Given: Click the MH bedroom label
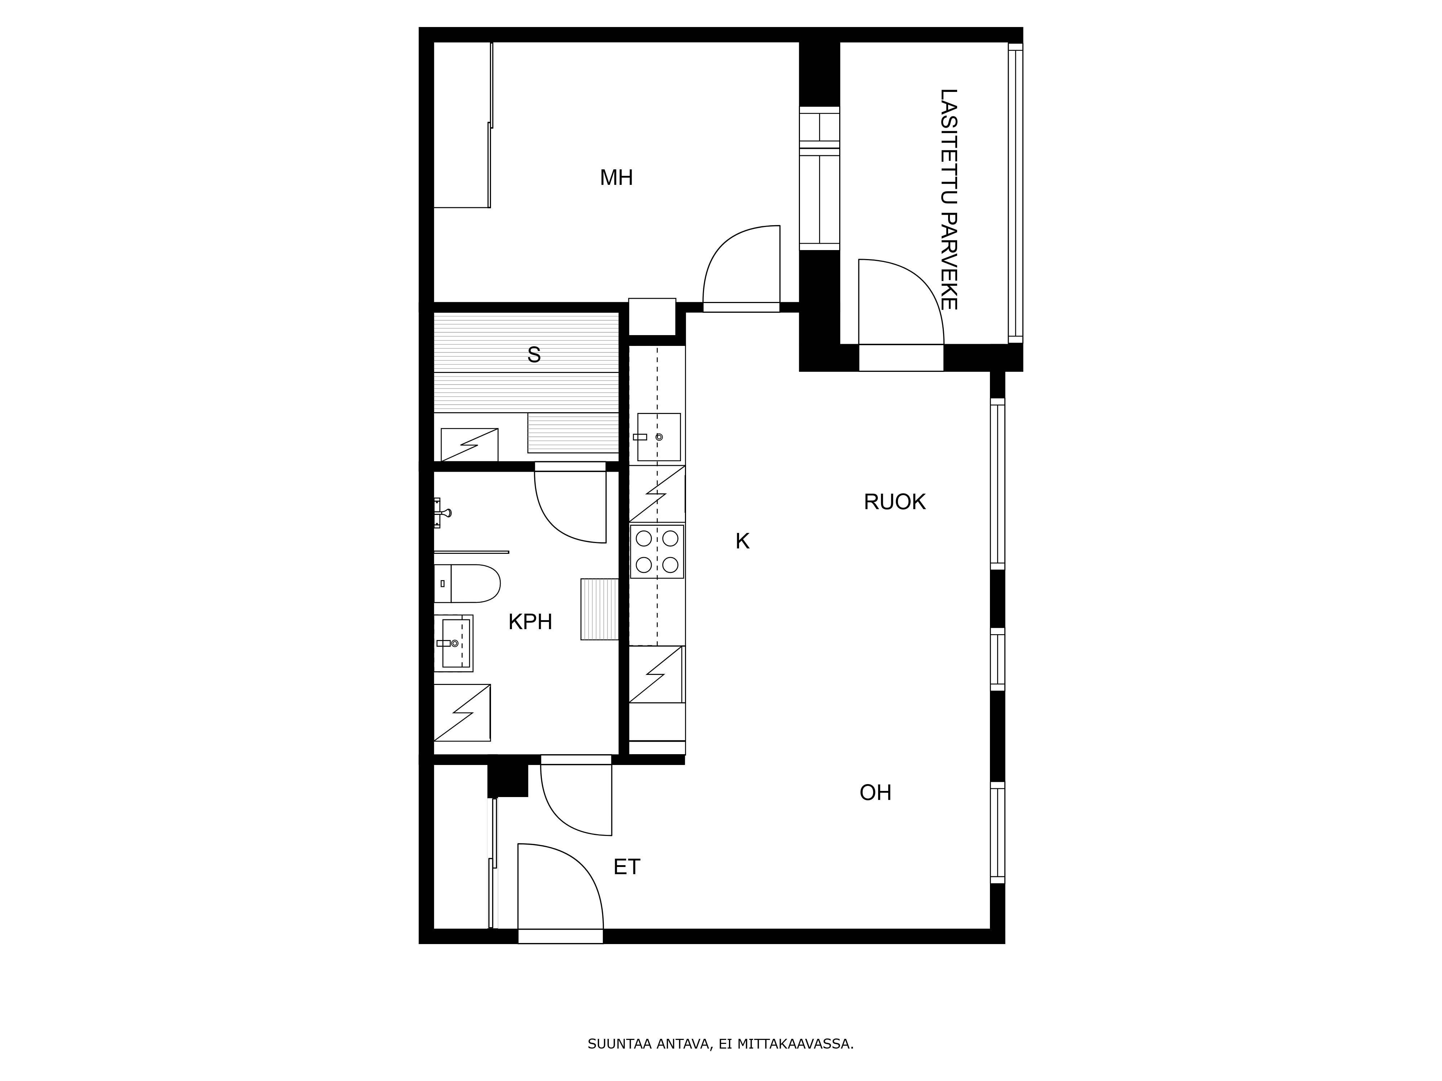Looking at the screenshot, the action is (616, 178).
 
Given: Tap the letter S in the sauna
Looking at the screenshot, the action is (534, 355).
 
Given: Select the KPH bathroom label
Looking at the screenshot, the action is (530, 622).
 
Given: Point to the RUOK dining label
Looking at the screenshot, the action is (894, 502).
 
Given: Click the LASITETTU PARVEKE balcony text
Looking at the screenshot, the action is (948, 199).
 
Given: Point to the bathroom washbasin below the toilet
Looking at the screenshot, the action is (454, 643).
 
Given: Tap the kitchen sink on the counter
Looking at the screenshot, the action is (658, 437).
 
